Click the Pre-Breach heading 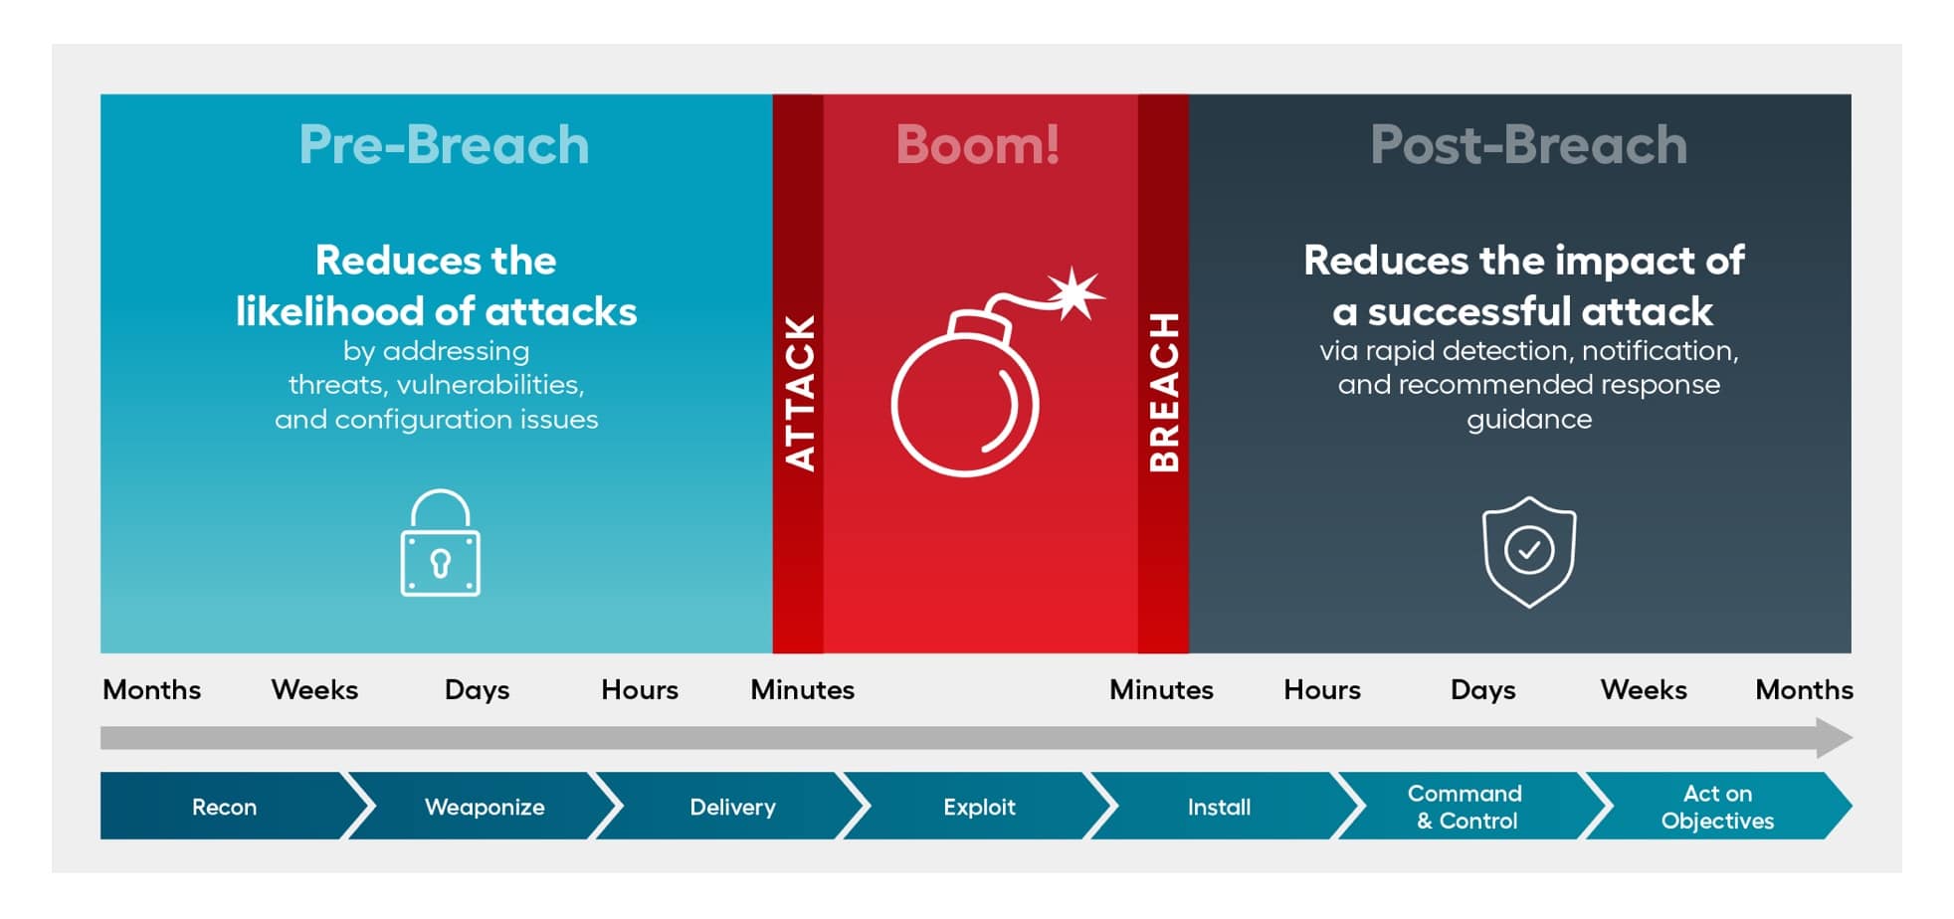444,145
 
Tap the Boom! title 977,145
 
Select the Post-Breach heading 1528,145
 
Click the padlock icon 440,543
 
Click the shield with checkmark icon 1529,552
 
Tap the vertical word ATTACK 800,393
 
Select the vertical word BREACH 1163,392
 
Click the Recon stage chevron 225,807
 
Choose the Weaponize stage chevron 485,807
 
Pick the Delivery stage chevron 733,807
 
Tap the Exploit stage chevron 980,807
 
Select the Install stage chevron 1220,807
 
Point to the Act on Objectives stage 1718,807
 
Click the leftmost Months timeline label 152,690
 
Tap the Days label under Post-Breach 1483,691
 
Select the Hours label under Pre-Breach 640,690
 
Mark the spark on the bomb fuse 1075,293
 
